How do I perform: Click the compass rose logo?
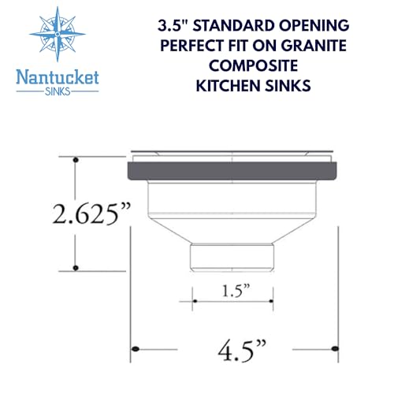pyautogui.click(x=58, y=34)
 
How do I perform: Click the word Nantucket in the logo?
pyautogui.click(x=58, y=78)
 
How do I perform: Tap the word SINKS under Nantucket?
pyautogui.click(x=58, y=91)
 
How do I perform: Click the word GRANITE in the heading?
pyautogui.click(x=314, y=46)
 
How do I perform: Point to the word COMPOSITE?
pyautogui.click(x=253, y=65)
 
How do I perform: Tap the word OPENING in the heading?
pyautogui.click(x=314, y=26)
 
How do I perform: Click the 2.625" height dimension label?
pyautogui.click(x=91, y=214)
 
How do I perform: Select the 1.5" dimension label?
pyautogui.click(x=236, y=291)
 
